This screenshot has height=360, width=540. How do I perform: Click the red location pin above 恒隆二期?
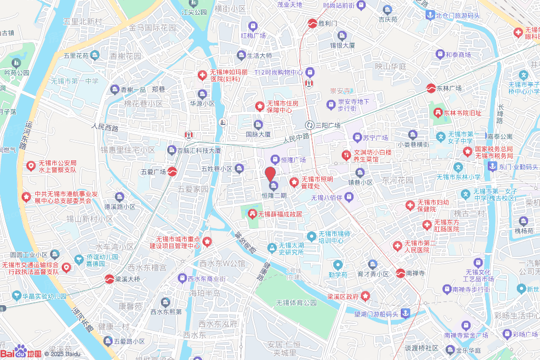(270, 174)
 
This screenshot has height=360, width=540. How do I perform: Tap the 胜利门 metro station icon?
(313, 23)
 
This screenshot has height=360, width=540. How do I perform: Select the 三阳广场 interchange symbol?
(310, 125)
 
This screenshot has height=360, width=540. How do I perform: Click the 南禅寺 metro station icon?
(400, 273)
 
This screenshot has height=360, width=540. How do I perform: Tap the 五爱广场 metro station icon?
(172, 172)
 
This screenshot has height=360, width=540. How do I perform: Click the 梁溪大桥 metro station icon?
(109, 278)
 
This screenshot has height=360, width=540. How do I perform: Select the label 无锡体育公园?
(296, 303)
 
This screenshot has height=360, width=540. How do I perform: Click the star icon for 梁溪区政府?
(366, 297)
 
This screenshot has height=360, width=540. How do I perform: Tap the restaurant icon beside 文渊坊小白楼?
(346, 155)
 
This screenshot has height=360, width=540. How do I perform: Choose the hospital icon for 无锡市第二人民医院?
(397, 246)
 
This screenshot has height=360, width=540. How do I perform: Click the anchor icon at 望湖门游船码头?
(405, 314)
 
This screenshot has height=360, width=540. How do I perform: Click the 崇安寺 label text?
(341, 90)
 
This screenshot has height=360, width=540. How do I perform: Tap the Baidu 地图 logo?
(21, 352)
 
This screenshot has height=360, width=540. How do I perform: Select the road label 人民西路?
(105, 127)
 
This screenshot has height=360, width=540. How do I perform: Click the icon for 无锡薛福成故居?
(252, 214)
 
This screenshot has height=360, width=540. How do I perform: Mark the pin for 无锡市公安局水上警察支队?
(32, 166)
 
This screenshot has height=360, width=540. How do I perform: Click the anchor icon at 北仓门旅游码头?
(429, 15)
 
